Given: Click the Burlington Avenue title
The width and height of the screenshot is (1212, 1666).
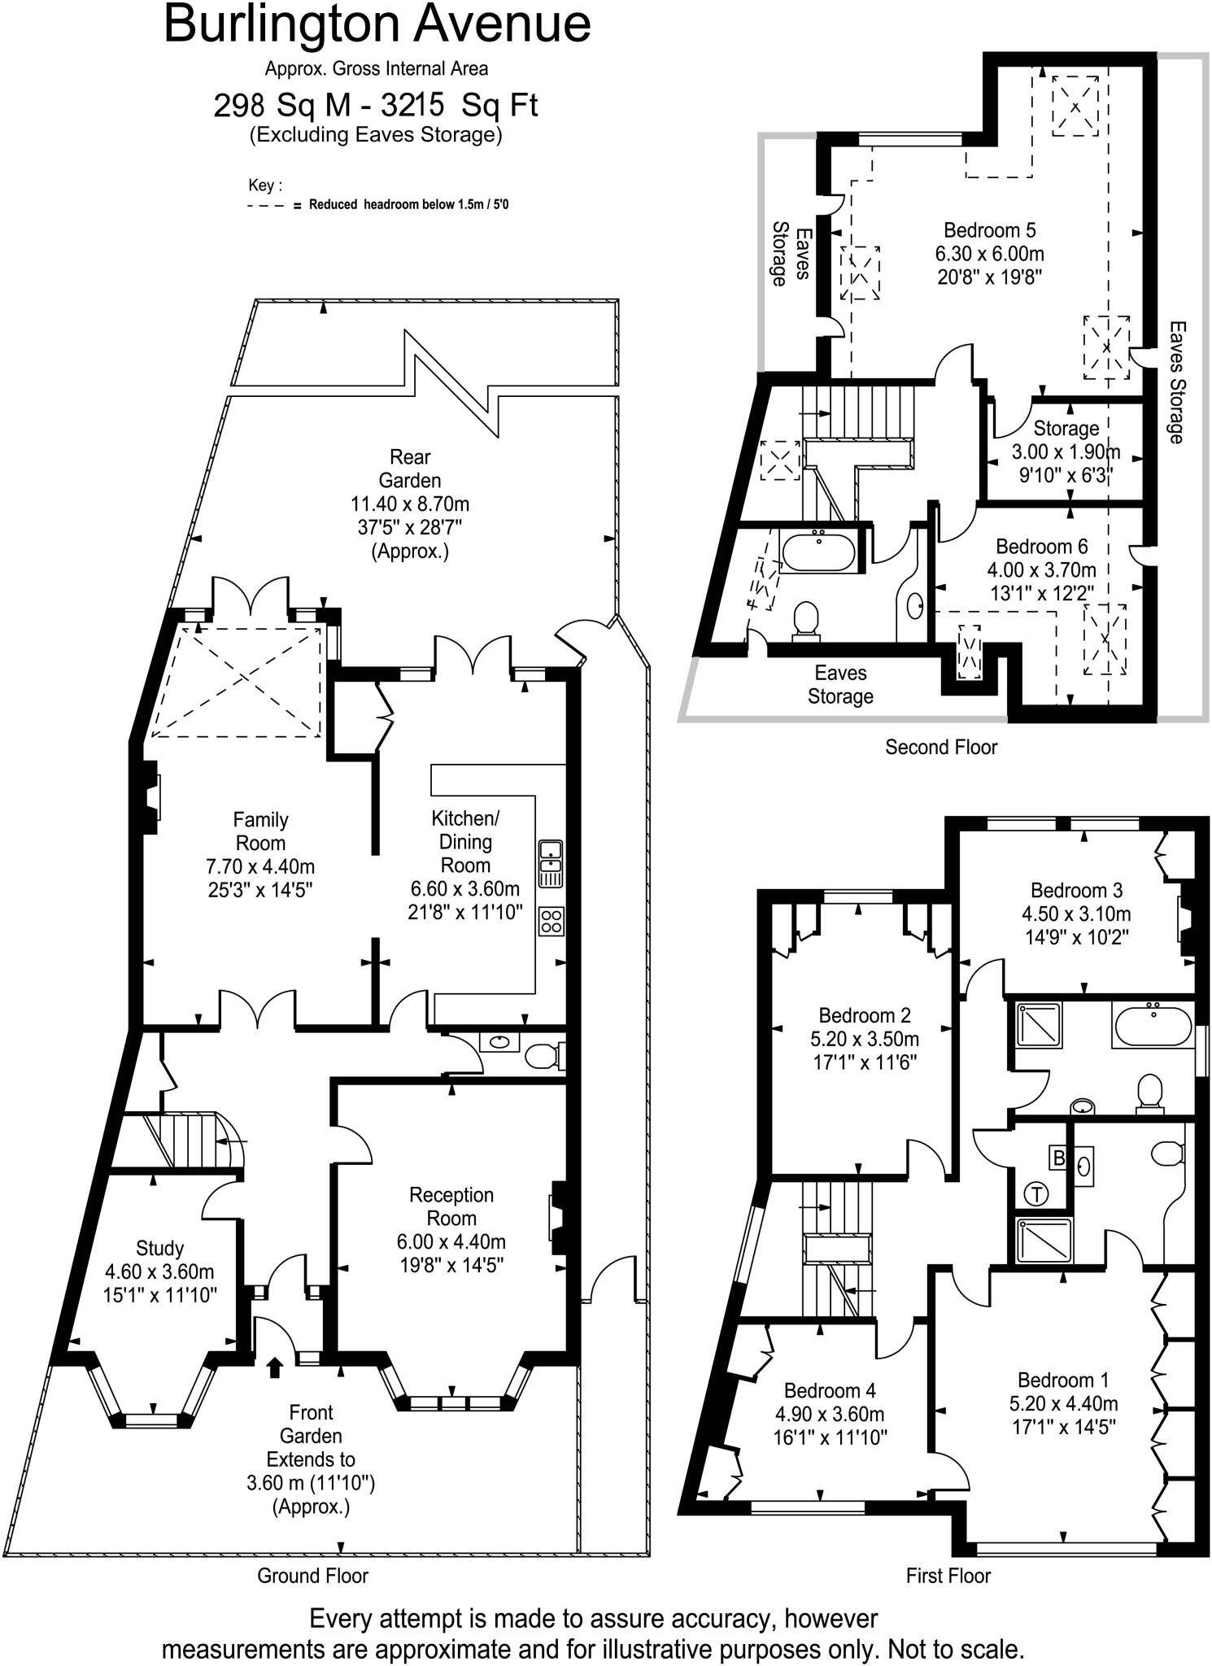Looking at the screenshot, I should [377, 24].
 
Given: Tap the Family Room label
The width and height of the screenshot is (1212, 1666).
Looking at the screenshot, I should [260, 831].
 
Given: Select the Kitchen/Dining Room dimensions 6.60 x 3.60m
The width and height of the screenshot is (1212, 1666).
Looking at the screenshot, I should [465, 888].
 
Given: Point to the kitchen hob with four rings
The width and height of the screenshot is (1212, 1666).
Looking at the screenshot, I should [551, 921].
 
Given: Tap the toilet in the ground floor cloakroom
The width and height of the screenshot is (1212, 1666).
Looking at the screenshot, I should [543, 1056].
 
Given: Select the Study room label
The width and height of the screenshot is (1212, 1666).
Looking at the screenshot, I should [159, 1248].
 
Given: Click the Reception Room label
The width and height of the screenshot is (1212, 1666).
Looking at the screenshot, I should [451, 1206].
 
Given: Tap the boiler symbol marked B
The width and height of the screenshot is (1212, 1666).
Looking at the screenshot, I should [1059, 1158].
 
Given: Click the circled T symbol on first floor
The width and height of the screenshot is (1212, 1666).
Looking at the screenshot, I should [1037, 1194].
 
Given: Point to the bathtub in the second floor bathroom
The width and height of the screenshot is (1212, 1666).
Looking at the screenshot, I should [818, 552].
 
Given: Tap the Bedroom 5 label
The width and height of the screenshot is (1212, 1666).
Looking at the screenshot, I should [989, 230].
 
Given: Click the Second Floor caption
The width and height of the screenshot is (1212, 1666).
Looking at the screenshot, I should [940, 747].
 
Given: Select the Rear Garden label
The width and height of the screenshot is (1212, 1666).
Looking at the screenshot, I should [410, 469].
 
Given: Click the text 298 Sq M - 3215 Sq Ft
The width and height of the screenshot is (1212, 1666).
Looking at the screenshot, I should [376, 106].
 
